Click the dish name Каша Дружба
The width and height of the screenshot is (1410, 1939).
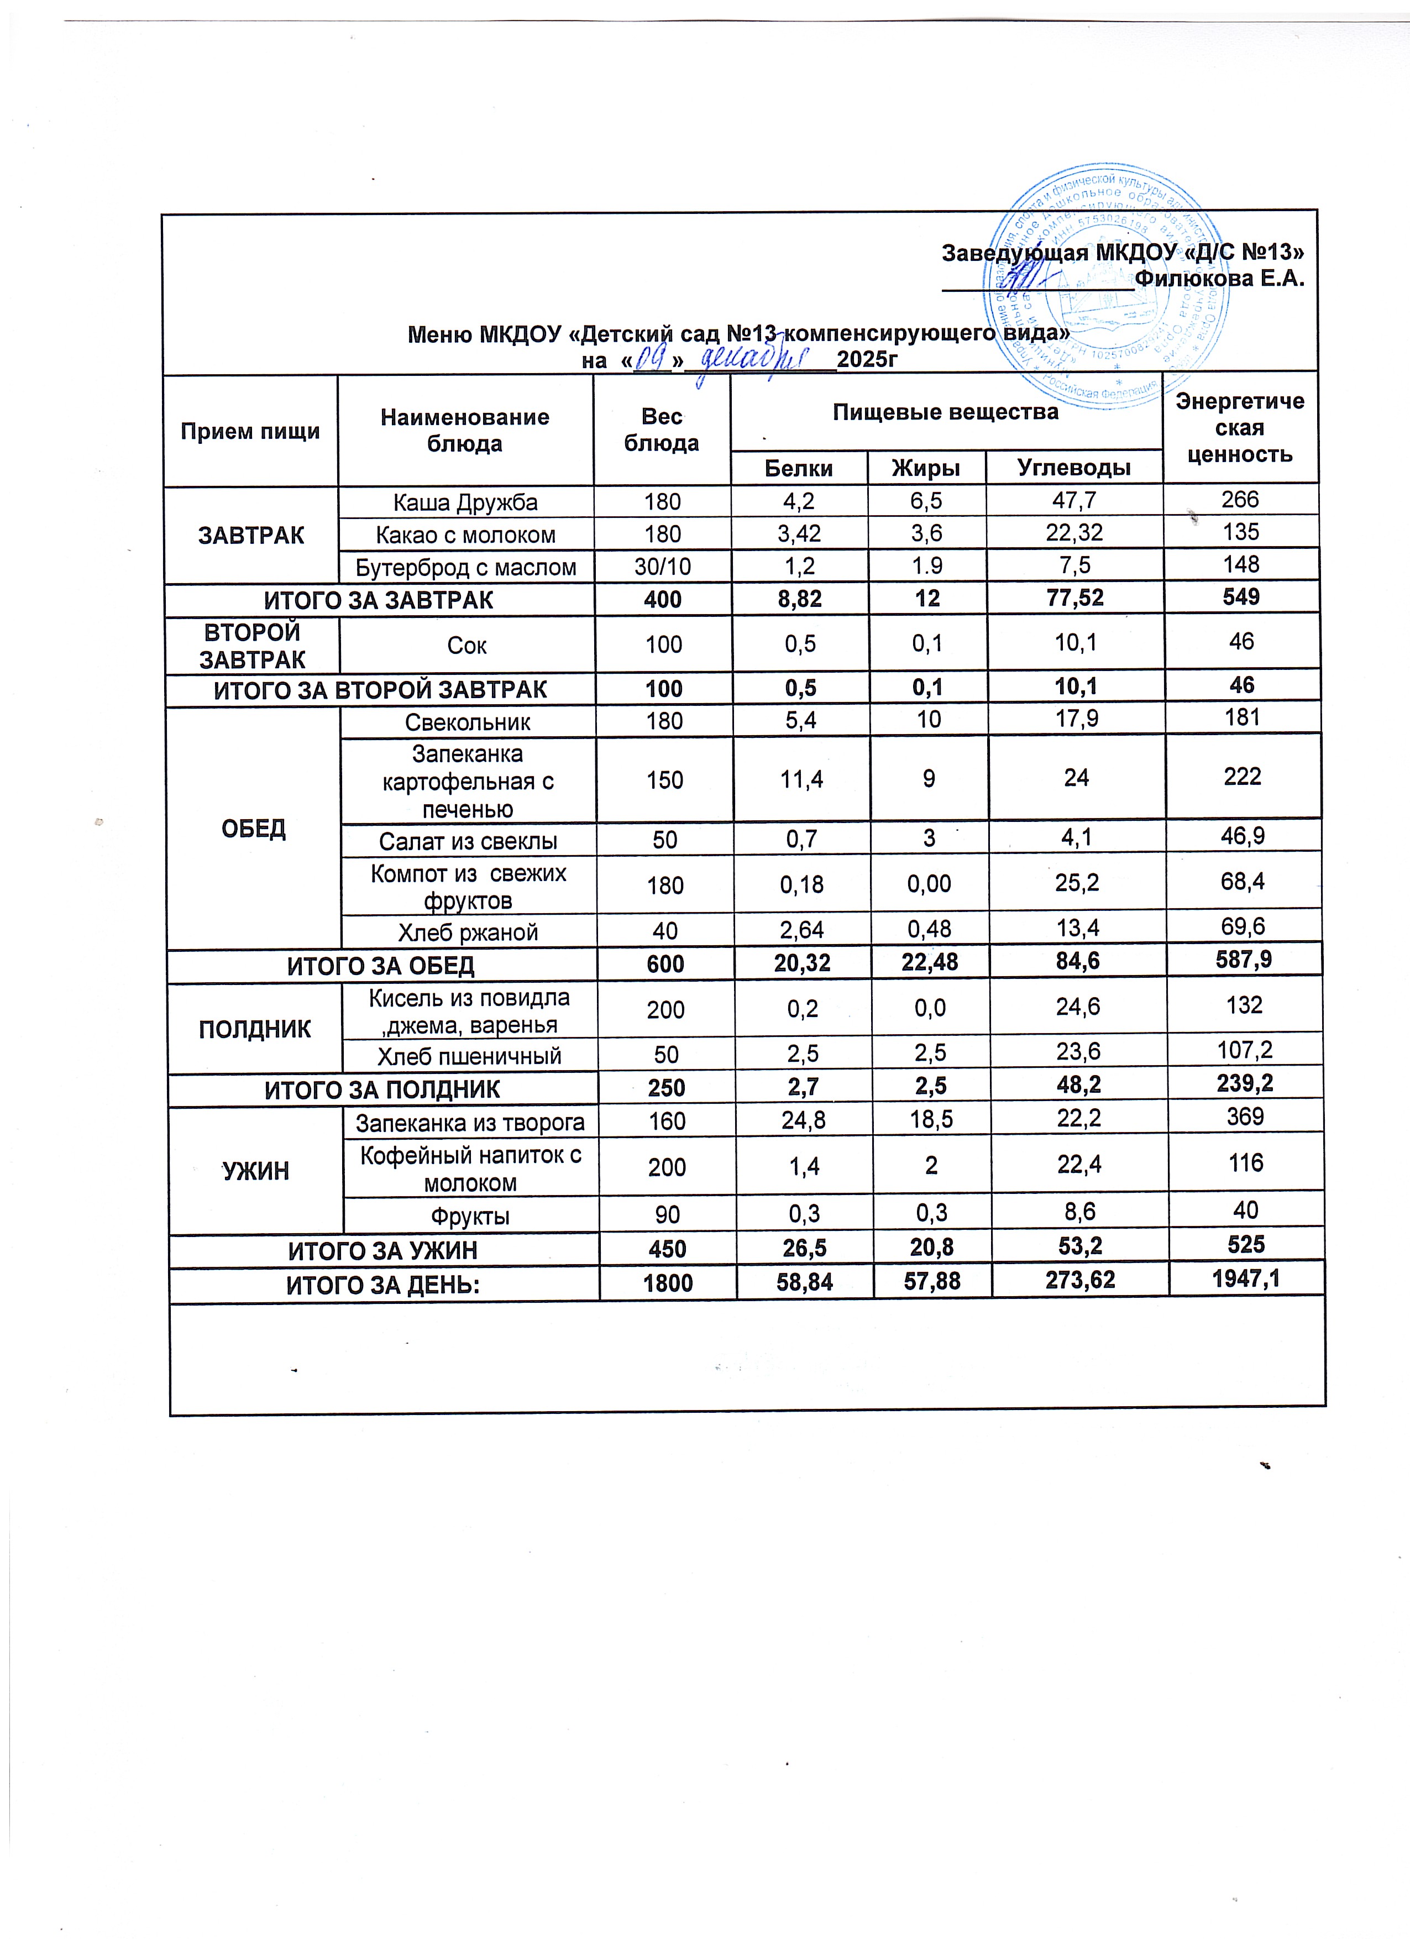click(x=465, y=502)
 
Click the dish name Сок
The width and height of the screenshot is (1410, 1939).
click(x=467, y=646)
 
